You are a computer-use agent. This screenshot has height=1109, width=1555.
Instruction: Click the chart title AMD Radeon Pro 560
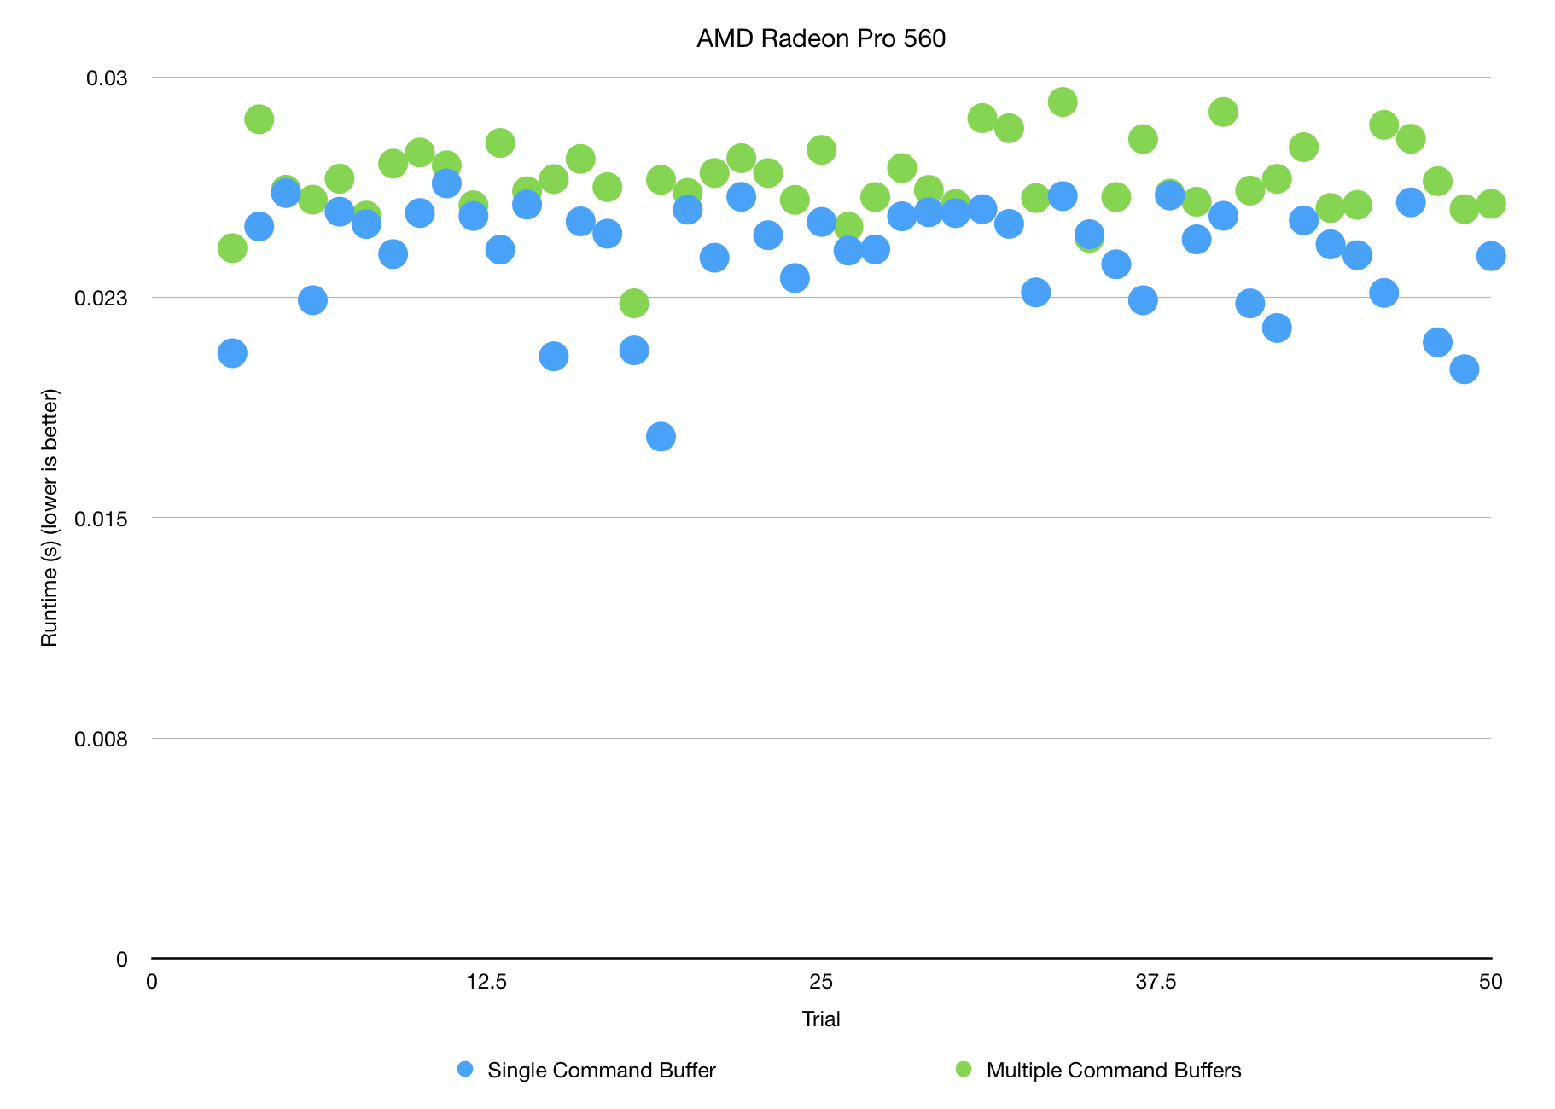pos(821,39)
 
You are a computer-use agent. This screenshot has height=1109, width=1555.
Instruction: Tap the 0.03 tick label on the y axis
pos(107,78)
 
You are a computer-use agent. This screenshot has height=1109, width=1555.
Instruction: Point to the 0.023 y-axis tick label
pos(102,298)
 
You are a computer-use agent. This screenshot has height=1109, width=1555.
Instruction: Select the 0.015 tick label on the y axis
pos(102,518)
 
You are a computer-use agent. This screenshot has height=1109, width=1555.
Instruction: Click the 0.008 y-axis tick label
pos(102,739)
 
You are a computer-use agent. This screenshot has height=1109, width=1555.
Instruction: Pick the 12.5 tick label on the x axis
pos(486,982)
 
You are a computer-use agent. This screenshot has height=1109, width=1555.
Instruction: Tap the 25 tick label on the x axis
pos(821,982)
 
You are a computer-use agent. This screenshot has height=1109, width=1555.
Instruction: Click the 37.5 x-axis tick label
pos(1156,982)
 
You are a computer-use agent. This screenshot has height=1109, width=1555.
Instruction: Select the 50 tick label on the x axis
pos(1490,982)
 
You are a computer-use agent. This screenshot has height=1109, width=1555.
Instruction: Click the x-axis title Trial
pos(821,1019)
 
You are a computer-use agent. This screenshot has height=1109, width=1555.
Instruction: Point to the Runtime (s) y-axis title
pos(50,518)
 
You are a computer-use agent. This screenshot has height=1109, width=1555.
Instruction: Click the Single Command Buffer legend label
pos(601,1071)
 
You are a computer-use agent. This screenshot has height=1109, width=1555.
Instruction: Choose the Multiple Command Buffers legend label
pos(1113,1071)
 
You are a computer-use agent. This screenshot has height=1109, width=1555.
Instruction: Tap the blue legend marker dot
pos(465,1069)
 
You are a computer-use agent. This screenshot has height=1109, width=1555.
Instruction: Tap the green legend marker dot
pos(964,1069)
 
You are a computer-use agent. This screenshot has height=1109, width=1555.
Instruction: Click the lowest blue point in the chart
pos(661,437)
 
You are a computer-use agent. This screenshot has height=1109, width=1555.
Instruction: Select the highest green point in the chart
pos(1063,102)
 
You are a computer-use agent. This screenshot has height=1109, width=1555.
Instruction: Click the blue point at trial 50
pos(1491,256)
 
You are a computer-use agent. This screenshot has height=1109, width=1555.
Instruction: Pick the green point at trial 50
pos(1491,204)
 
